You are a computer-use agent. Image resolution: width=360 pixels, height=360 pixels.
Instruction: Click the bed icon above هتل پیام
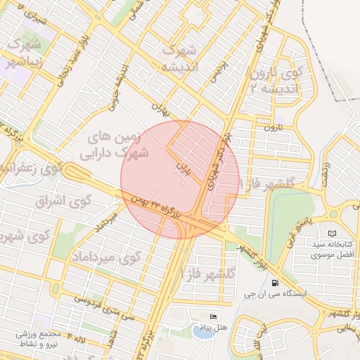click(214, 316)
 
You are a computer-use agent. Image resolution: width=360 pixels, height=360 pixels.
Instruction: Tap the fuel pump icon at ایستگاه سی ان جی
click(273, 283)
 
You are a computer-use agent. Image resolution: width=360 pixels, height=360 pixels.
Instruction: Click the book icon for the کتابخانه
click(332, 233)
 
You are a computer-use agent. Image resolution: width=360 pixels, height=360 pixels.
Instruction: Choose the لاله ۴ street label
click(77, 340)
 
